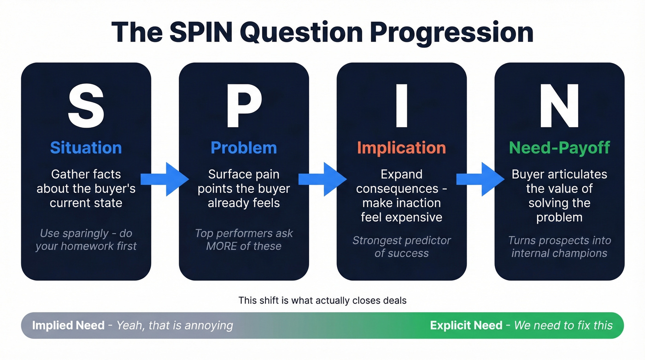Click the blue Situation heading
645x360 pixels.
pyautogui.click(x=86, y=148)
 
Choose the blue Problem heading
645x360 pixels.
pyautogui.click(x=244, y=148)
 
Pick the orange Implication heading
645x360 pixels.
pyautogui.click(x=401, y=148)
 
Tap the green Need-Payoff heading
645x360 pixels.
pyautogui.click(x=559, y=148)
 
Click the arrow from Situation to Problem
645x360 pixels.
pyautogui.click(x=164, y=179)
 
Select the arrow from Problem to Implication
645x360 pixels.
pyautogui.click(x=322, y=179)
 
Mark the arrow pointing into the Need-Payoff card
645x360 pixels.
pyautogui.click(x=480, y=179)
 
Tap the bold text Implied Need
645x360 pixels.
pyautogui.click(x=68, y=325)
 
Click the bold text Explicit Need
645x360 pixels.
pyautogui.click(x=466, y=325)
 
